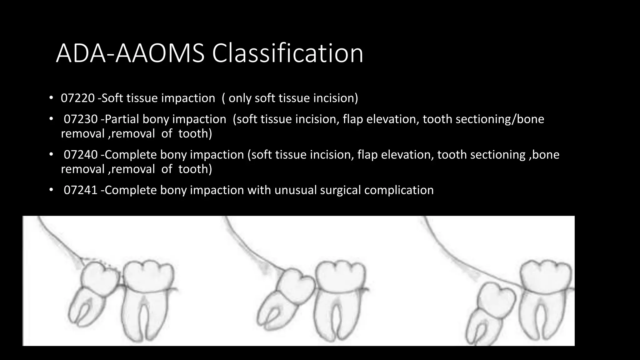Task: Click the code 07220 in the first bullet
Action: (x=77, y=98)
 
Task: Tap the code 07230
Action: (x=81, y=119)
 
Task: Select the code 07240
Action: (x=81, y=155)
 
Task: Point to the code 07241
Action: (x=81, y=190)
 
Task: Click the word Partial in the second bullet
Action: (x=122, y=119)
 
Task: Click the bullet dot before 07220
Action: (x=51, y=98)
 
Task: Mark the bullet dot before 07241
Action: (x=51, y=190)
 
